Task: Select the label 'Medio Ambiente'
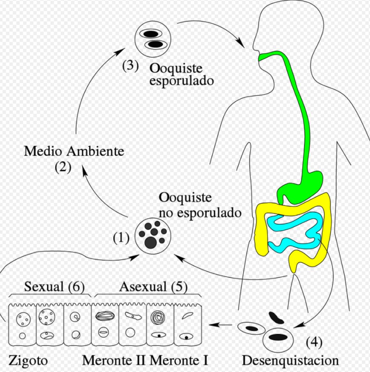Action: pyautogui.click(x=74, y=151)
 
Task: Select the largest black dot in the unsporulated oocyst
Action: pyautogui.click(x=151, y=242)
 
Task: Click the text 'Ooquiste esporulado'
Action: pyautogui.click(x=181, y=74)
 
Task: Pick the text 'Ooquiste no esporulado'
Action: pyautogui.click(x=199, y=205)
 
